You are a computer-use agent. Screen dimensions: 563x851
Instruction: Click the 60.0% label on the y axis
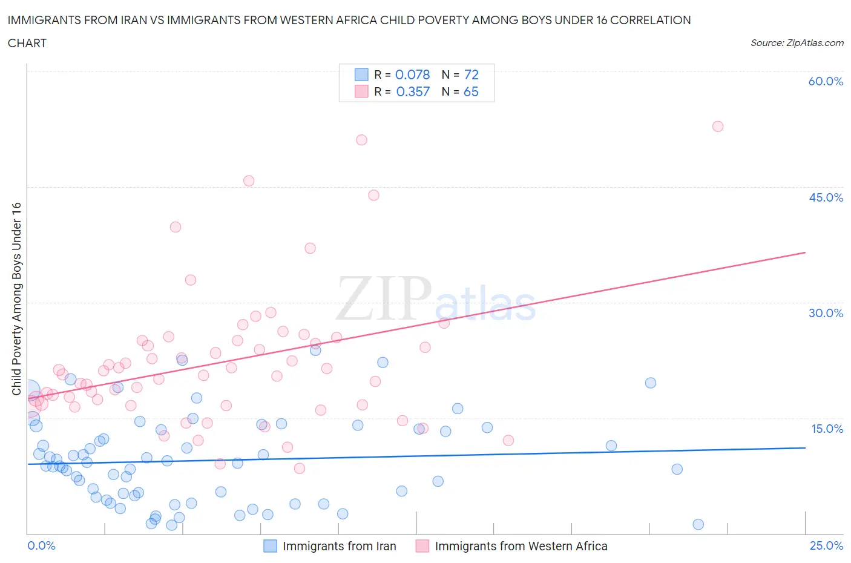[826, 81]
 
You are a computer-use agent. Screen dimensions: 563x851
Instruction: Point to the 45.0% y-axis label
[826, 197]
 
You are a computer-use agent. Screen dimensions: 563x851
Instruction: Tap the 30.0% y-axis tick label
[826, 313]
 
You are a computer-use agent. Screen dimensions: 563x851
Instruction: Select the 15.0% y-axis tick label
[826, 429]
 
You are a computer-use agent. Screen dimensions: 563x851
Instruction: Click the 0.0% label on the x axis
[41, 545]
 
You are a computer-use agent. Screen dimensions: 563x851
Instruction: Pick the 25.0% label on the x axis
[826, 545]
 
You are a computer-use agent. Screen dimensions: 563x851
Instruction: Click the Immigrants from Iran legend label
[339, 546]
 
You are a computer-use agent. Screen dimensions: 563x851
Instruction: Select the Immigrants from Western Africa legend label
[521, 546]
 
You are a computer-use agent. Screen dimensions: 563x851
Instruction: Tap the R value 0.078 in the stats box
[412, 74]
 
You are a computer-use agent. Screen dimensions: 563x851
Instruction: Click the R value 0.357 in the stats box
[413, 91]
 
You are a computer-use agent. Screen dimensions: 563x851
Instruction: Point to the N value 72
[471, 74]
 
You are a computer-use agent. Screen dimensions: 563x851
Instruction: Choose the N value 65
[471, 91]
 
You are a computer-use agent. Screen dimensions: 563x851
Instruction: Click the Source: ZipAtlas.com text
[797, 43]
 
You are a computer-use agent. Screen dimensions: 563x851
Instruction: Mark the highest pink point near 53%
[718, 127]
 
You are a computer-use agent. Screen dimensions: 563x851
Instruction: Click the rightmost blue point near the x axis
[698, 524]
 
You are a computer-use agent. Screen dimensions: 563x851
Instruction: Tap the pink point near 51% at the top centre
[361, 140]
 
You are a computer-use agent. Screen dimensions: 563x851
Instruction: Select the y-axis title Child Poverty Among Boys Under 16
[16, 298]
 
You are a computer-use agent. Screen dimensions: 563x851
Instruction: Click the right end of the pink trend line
[805, 252]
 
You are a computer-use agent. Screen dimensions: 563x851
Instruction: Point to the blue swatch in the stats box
[361, 74]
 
